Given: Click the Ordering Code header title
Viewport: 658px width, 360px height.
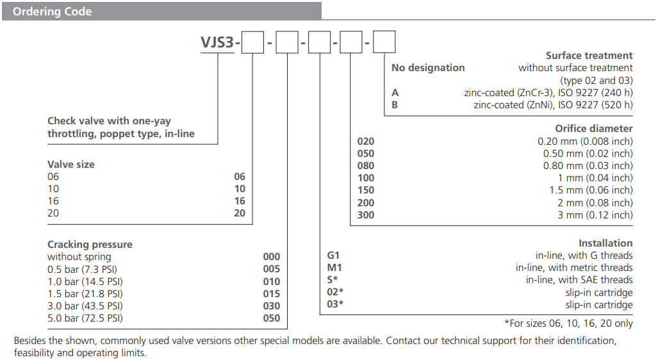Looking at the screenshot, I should pos(52,12).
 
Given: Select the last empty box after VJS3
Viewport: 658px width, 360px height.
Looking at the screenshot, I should pos(384,42).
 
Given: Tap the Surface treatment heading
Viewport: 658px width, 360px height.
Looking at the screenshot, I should pos(589,56).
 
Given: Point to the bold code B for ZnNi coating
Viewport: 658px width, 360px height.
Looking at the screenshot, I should pos(395,104).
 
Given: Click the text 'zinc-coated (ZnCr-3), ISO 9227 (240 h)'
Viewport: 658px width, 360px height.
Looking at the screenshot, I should pos(548,92).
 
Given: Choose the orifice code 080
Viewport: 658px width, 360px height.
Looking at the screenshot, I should pos(365,166).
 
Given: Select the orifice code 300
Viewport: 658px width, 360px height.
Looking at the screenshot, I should pos(365,215).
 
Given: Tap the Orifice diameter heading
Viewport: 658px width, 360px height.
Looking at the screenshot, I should pos(594,129).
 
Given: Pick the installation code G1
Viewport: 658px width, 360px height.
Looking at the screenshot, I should pos(333,256).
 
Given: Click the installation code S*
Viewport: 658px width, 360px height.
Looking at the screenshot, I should pos(333,280).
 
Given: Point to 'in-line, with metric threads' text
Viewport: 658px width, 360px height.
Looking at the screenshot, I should pos(574,268).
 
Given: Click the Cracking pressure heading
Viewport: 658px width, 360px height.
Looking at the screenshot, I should pos(90,245).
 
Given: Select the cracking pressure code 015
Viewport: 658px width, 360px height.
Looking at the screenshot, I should pos(272,293).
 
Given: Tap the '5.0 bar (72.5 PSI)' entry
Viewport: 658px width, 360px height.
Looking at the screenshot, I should pos(85,318).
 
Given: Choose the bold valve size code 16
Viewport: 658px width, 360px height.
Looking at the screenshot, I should pos(240,201).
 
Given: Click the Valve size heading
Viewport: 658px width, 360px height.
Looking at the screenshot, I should pos(70,165).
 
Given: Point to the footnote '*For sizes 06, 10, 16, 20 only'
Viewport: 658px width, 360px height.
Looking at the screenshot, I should pos(568,323).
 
